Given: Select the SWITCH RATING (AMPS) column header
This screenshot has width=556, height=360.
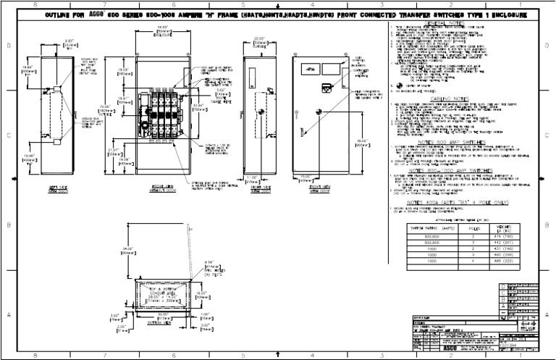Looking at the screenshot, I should (422, 229).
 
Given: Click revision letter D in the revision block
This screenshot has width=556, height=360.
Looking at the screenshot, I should (503, 288).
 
